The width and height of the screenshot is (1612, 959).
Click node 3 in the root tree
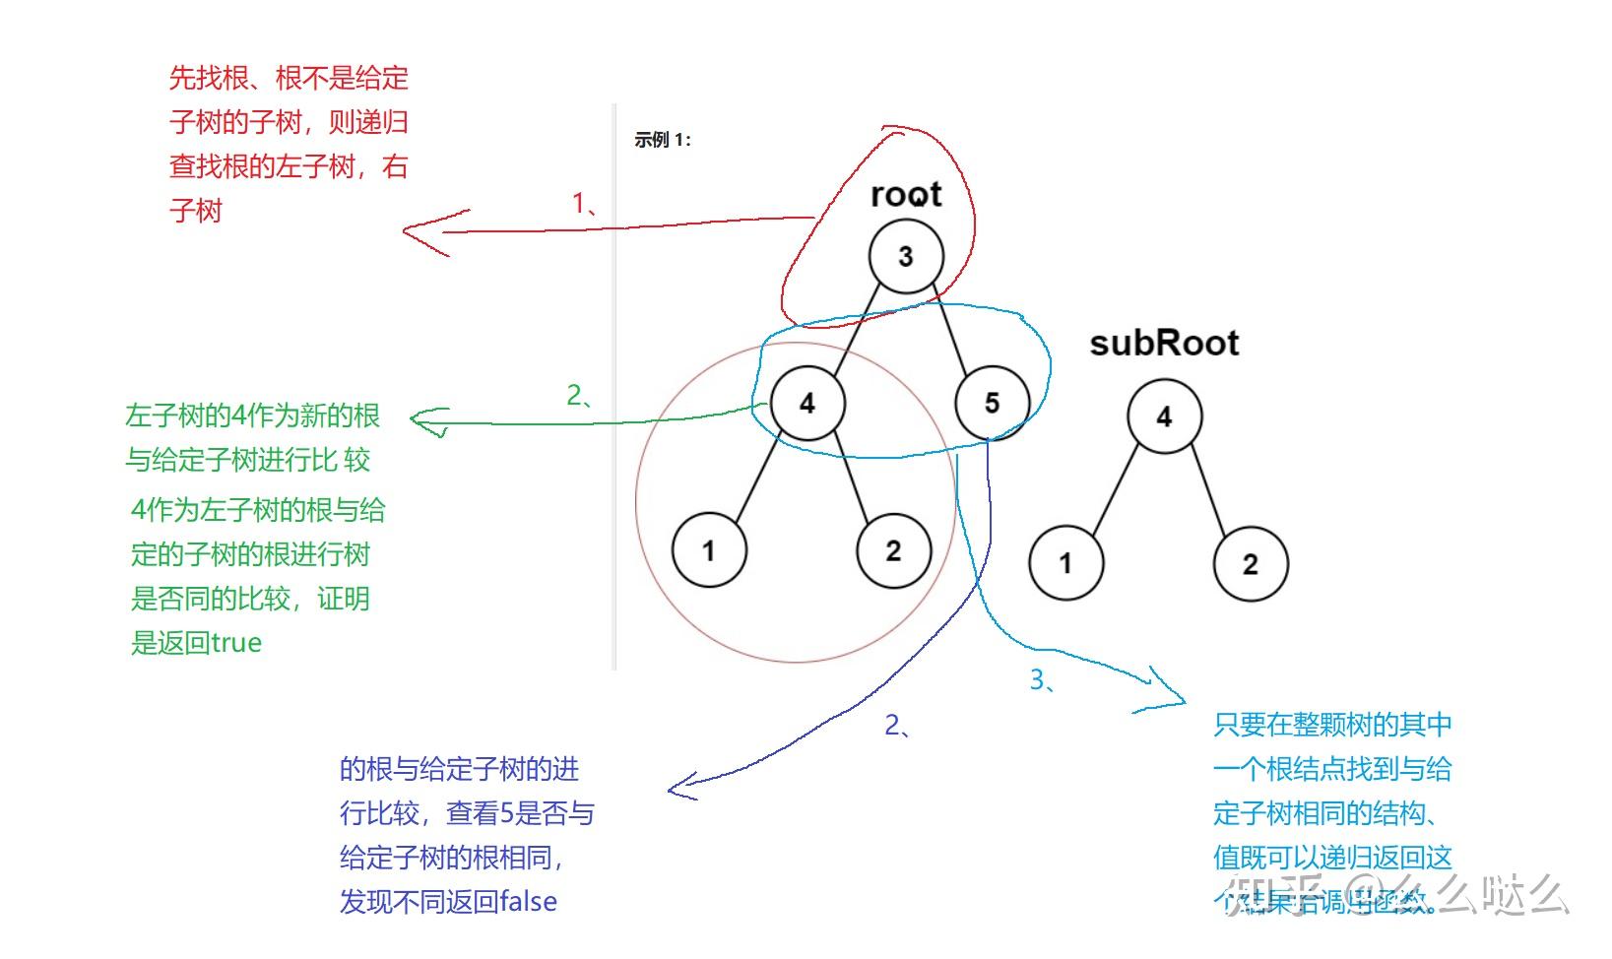(906, 257)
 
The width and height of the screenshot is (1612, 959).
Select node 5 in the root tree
(992, 403)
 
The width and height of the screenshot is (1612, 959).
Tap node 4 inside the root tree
(807, 403)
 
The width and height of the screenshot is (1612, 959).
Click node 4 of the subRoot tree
(1164, 416)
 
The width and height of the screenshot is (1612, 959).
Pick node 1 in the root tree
(709, 550)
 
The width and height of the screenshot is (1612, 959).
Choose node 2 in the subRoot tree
(1250, 564)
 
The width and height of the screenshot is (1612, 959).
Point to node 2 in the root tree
(893, 550)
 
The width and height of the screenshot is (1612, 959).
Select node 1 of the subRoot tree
(1065, 563)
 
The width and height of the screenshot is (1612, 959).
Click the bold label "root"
(906, 194)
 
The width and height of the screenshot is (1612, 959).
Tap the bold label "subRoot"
(1164, 343)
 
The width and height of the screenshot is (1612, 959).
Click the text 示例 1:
(663, 140)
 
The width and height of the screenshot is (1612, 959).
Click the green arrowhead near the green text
(418, 421)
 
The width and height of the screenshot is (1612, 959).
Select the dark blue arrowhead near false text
(675, 789)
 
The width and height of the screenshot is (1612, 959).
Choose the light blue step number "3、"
(1042, 679)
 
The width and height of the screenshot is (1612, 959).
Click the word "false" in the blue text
(528, 901)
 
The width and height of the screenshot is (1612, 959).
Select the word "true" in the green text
(236, 643)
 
